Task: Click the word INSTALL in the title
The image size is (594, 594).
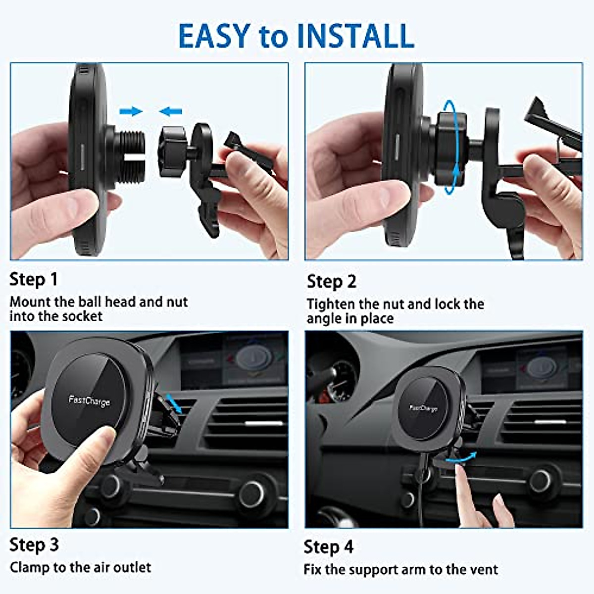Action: pos(355,36)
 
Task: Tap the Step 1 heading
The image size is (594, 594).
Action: pos(34,280)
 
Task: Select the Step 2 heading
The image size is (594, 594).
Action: pos(331,282)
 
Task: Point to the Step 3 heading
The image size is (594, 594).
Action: pos(34,545)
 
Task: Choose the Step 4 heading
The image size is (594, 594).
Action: pos(329,547)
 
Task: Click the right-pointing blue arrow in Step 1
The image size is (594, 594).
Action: pos(131,111)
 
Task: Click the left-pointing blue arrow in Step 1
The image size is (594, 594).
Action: pos(171,112)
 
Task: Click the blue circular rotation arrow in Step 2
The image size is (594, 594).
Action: pos(449,147)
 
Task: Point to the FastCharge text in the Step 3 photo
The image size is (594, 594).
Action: pos(89,400)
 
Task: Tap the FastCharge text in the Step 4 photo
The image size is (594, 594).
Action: pos(424,408)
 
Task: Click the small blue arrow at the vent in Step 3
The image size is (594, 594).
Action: pos(174,402)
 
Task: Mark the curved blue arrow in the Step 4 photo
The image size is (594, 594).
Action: pos(463,458)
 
